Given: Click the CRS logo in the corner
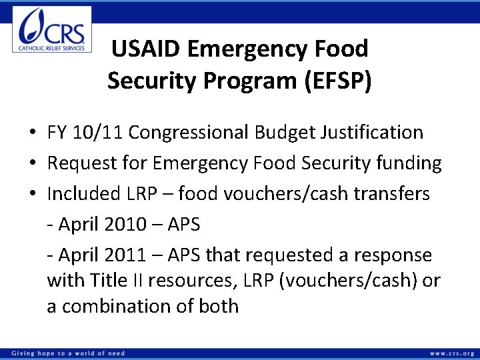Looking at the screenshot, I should pos(52,29).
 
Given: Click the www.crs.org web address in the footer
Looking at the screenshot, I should pos(452,353).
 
